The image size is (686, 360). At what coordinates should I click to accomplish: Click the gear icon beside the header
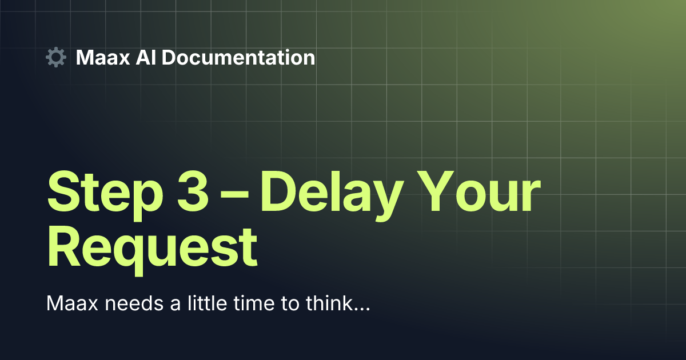[56, 57]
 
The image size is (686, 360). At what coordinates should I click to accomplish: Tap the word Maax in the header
[103, 58]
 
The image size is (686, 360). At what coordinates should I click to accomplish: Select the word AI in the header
[146, 58]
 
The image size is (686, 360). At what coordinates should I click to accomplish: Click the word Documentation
[238, 58]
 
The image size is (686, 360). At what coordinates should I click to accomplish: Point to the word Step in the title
[105, 195]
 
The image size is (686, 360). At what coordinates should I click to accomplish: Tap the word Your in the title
[478, 191]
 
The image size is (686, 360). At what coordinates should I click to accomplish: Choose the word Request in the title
[152, 251]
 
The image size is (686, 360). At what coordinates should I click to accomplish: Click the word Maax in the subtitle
[72, 303]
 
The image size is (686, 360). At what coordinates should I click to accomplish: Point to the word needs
[134, 303]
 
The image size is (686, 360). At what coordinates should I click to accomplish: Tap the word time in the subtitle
[254, 303]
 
